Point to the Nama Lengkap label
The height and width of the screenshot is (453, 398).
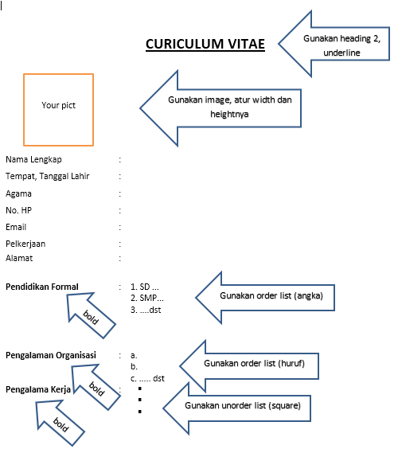tap(33, 159)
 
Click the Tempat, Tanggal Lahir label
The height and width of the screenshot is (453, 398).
tap(47, 176)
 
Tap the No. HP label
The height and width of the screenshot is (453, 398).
tap(18, 210)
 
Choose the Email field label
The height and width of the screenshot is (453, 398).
tap(16, 227)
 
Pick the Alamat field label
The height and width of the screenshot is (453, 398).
tap(19, 258)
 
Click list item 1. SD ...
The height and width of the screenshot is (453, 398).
tap(144, 286)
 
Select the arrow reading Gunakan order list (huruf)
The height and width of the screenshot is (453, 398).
tap(255, 364)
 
